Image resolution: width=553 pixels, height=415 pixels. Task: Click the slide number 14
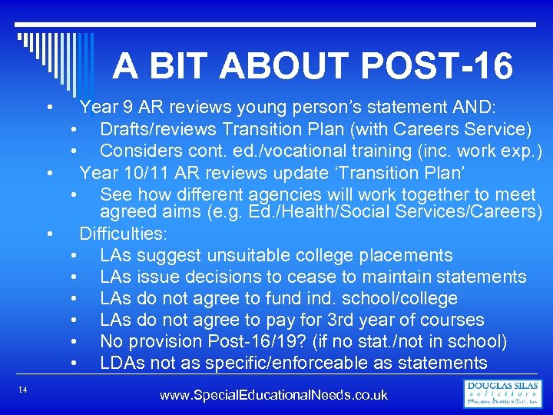pyautogui.click(x=23, y=392)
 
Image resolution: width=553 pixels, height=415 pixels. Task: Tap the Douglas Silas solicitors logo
pyautogui.click(x=502, y=393)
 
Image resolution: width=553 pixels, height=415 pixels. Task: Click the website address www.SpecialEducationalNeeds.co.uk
pyautogui.click(x=273, y=395)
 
